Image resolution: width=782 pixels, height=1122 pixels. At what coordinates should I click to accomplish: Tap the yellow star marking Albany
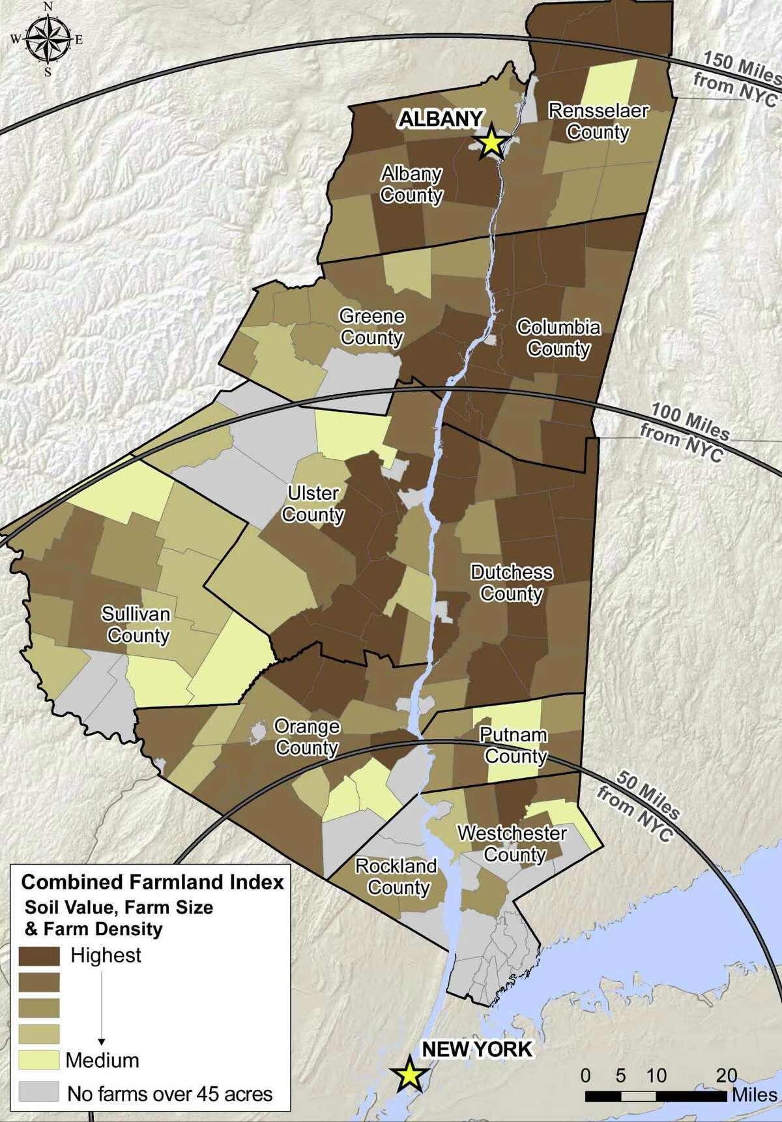pyautogui.click(x=493, y=142)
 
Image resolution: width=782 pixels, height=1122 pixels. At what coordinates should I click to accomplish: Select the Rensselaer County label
pyautogui.click(x=598, y=121)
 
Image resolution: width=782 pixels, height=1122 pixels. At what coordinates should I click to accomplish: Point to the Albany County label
pyautogui.click(x=412, y=184)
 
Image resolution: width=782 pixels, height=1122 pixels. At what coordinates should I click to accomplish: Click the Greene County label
pyautogui.click(x=372, y=327)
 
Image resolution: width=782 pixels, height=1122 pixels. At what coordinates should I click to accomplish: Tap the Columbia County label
pyautogui.click(x=558, y=338)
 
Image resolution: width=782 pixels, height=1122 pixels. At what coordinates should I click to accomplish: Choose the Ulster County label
pyautogui.click(x=313, y=504)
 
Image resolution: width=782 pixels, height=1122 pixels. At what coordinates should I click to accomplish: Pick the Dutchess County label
pyautogui.click(x=512, y=583)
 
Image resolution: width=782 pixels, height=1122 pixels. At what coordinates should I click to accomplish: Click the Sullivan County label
pyautogui.click(x=136, y=624)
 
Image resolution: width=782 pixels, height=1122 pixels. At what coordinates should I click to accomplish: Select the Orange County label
pyautogui.click(x=306, y=737)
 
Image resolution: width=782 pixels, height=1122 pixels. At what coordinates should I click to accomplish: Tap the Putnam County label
pyautogui.click(x=514, y=745)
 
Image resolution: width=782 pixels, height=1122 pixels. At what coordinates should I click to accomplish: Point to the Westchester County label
pyautogui.click(x=513, y=844)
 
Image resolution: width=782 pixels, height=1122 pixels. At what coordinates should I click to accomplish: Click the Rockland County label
pyautogui.click(x=396, y=876)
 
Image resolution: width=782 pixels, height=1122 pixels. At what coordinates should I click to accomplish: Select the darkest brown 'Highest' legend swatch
pyautogui.click(x=39, y=956)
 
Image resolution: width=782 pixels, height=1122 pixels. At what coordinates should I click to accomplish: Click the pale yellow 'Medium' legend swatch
pyautogui.click(x=39, y=1060)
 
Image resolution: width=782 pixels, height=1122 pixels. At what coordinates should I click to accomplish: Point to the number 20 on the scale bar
pyautogui.click(x=727, y=1075)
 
